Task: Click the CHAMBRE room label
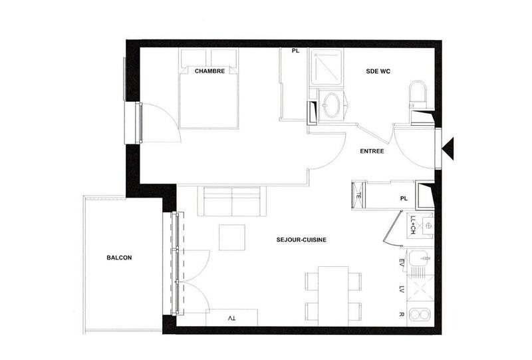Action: [209, 71]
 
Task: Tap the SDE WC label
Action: [378, 71]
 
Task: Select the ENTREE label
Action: [372, 151]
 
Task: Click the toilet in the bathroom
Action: [418, 94]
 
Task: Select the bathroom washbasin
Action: [331, 104]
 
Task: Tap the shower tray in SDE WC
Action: [325, 69]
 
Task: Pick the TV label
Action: [231, 319]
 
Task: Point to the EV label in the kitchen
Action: [402, 262]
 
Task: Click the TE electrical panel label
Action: [358, 196]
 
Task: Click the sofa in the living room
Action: [231, 202]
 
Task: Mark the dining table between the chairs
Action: [333, 294]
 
